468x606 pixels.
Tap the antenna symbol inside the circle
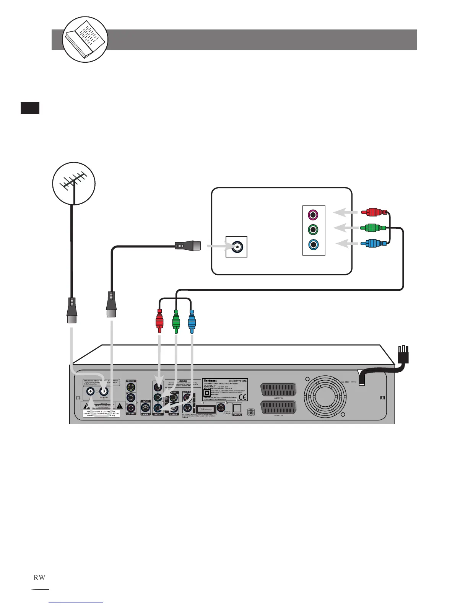coord(74,184)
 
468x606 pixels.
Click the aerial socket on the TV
coord(237,247)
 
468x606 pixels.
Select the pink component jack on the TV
coord(314,215)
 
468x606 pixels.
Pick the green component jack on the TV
coord(314,230)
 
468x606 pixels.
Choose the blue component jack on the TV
coord(314,244)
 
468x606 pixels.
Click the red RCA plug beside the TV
coord(374,212)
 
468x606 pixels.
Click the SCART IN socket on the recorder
coord(278,390)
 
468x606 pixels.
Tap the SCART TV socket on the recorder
coord(278,407)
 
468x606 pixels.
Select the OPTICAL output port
coord(237,409)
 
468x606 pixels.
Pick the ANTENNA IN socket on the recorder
coord(103,391)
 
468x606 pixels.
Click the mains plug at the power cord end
coord(403,355)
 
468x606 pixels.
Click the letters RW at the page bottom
coord(39,577)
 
